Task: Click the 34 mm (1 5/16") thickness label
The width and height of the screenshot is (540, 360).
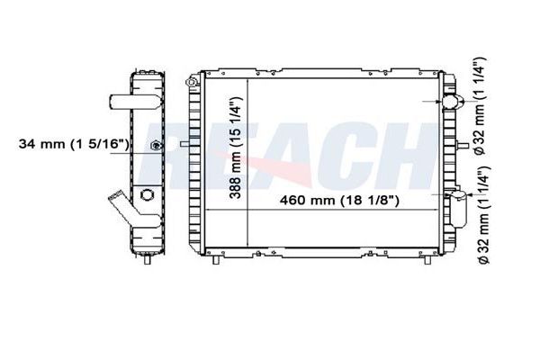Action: (x=74, y=144)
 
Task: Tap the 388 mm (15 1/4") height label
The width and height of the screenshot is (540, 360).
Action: (x=237, y=148)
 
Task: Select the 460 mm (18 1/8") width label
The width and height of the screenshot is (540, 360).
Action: (x=339, y=200)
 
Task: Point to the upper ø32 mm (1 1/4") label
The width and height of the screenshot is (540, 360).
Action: (x=480, y=106)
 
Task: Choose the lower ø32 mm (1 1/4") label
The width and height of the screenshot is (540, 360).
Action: (x=483, y=216)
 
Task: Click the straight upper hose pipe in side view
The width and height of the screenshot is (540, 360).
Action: (x=135, y=101)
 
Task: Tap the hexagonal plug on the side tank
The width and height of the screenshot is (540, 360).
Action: (x=147, y=195)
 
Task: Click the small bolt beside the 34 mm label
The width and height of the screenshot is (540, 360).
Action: (x=157, y=146)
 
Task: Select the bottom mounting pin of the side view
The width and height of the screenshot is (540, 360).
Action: (x=147, y=258)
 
